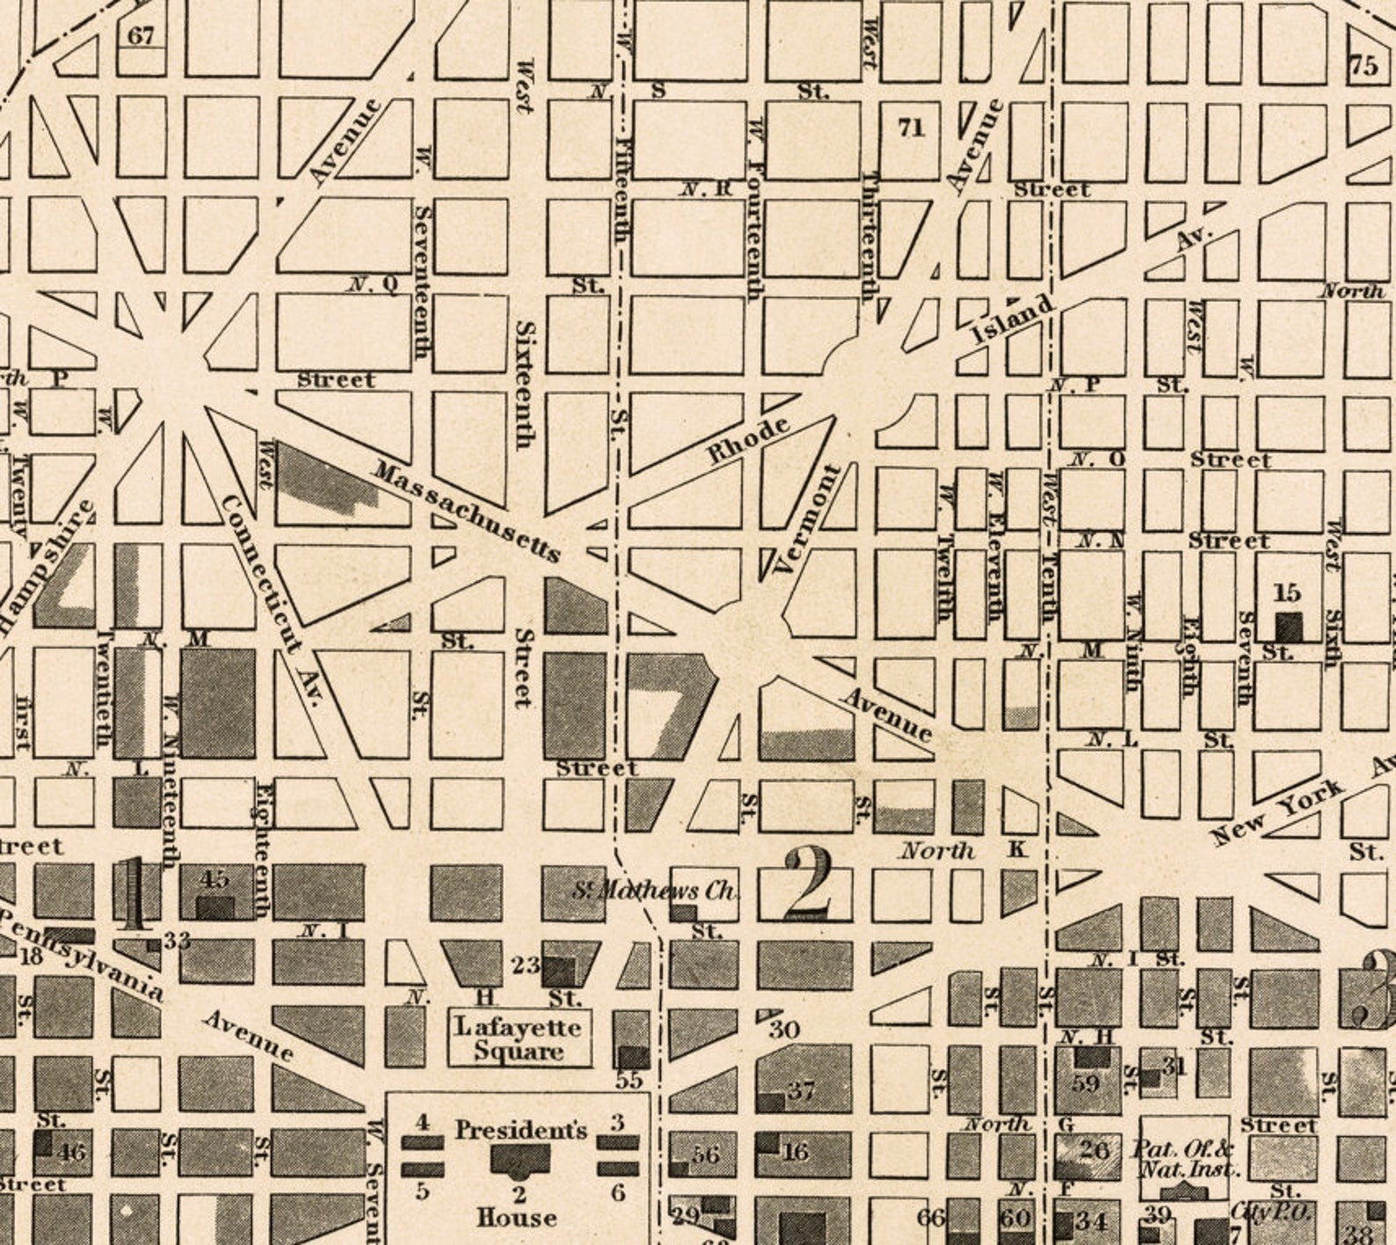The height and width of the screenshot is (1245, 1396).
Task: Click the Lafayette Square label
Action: click(519, 1038)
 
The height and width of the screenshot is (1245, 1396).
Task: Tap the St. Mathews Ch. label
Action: click(655, 891)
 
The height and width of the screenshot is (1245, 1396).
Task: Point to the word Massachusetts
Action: click(466, 511)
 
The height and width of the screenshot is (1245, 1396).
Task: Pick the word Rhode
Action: click(749, 440)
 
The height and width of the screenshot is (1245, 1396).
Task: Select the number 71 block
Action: click(911, 127)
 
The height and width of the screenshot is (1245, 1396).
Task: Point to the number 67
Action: click(141, 36)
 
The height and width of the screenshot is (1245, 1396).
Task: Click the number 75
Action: click(1363, 66)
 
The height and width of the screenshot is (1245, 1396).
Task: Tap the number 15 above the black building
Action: click(1287, 593)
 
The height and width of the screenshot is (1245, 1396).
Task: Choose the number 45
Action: click(214, 878)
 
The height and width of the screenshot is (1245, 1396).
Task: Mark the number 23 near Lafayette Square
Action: click(526, 965)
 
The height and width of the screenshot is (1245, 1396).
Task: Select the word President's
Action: click(520, 1130)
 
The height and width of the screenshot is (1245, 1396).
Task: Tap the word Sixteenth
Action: click(525, 384)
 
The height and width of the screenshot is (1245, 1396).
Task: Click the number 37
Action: click(801, 1091)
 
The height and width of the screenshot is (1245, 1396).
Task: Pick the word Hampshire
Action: click(46, 567)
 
